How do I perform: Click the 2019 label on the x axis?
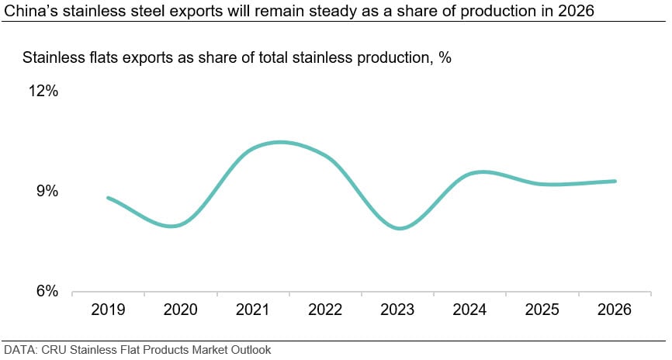pos(108,310)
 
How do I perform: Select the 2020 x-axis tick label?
pos(180,310)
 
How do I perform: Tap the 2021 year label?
pos(253,310)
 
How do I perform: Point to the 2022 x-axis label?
pos(325,310)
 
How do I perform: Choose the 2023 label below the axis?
pos(398,310)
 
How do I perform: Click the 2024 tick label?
pos(470,310)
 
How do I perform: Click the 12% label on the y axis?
pos(44,91)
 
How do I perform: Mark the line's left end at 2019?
pos(108,198)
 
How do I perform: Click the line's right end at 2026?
pos(615,182)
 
